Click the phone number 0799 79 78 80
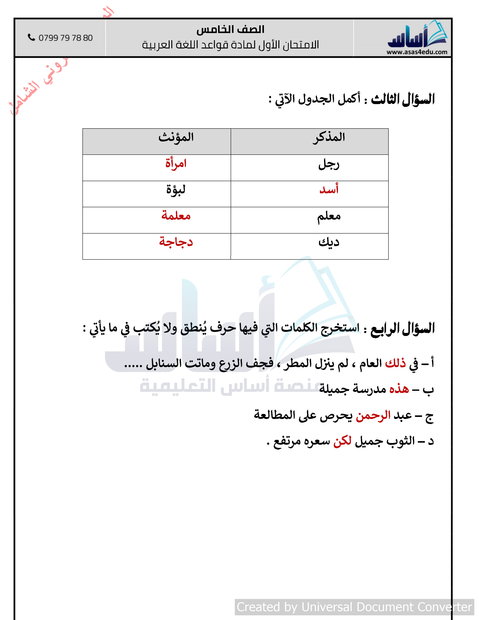point(66,38)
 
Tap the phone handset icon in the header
point(31,37)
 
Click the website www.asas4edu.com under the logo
point(417,52)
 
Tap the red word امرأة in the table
point(176,163)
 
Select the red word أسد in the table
point(329,189)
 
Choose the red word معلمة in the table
point(176,216)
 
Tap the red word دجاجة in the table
point(176,242)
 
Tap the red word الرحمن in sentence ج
point(373,416)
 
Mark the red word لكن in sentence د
point(342,441)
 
